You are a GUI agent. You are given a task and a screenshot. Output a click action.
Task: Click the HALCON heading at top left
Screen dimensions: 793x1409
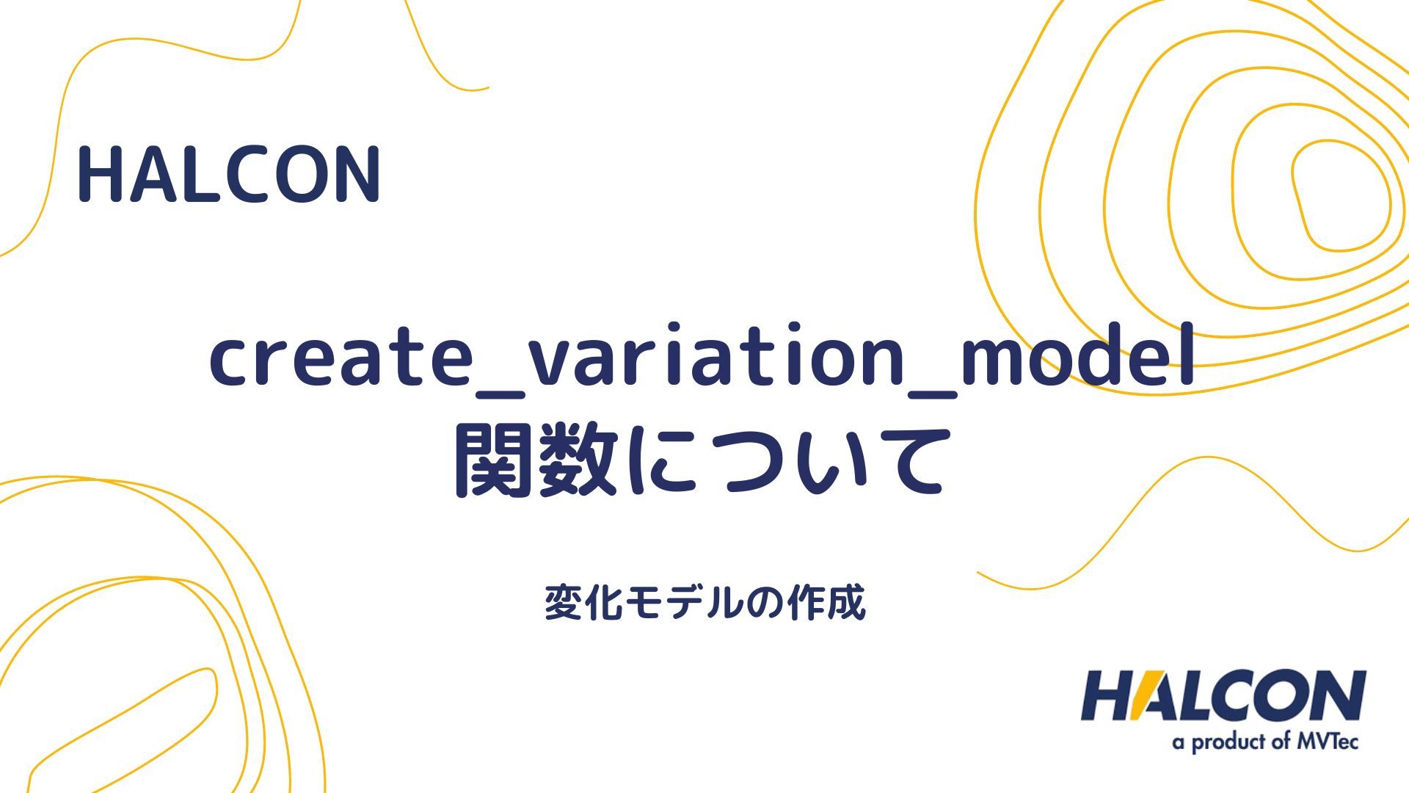[228, 174]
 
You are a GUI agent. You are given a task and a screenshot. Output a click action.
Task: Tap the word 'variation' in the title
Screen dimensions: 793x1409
[716, 358]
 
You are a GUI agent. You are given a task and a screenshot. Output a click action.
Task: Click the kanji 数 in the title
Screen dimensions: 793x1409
[578, 460]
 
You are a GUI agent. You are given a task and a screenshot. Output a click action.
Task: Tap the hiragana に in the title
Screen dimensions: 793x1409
[661, 460]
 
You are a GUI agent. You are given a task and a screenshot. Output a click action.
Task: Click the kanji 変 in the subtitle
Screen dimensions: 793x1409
[563, 603]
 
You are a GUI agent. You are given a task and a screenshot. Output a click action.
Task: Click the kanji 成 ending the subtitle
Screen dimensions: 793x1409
[846, 603]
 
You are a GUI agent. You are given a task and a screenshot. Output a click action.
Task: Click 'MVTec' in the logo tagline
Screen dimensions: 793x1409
[1328, 741]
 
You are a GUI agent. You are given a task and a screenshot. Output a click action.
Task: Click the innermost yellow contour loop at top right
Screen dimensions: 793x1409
[1339, 195]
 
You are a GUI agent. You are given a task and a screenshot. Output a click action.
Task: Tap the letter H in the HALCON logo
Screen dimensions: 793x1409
[1107, 695]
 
